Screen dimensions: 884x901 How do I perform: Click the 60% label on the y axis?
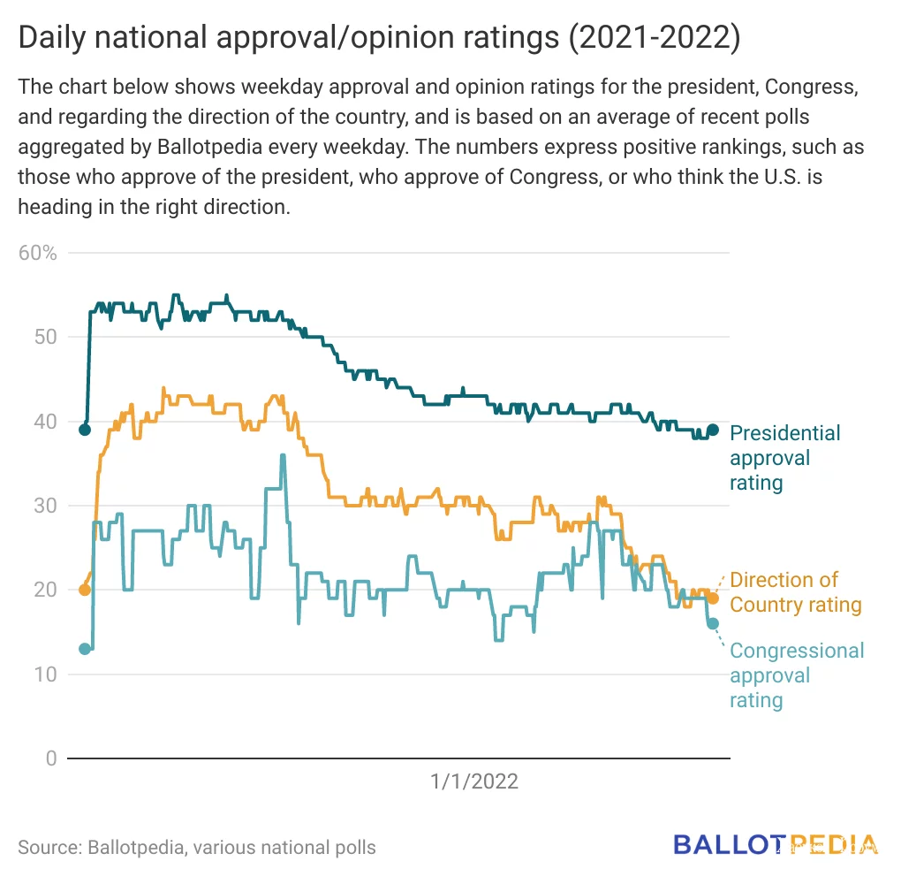(x=37, y=253)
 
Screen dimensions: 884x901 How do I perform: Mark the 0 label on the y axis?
(x=50, y=758)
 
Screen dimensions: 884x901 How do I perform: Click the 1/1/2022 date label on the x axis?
(x=474, y=781)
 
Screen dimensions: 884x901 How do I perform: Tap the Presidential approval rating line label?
(x=784, y=458)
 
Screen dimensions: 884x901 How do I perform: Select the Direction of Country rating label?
(x=795, y=592)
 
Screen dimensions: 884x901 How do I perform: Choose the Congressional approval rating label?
(x=796, y=675)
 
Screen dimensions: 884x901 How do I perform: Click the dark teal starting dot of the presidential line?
(x=85, y=430)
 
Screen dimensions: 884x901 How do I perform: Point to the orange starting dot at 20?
(x=85, y=590)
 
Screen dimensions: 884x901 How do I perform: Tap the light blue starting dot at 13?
(x=85, y=649)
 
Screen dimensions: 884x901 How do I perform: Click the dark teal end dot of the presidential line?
(x=713, y=430)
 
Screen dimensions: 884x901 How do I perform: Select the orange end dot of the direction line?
(x=713, y=598)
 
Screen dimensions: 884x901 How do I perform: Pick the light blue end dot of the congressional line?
(x=713, y=623)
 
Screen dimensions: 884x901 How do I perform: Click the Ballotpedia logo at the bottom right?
(x=776, y=844)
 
